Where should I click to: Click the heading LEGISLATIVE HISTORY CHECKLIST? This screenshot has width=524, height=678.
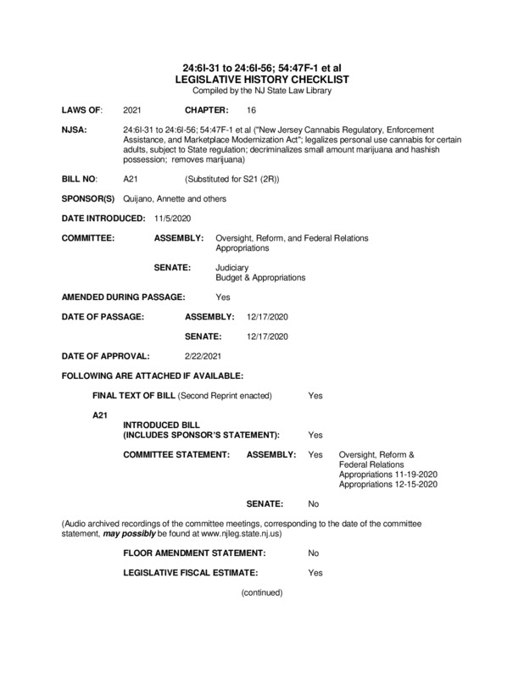coord(261,77)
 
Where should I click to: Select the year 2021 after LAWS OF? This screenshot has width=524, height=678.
coord(132,111)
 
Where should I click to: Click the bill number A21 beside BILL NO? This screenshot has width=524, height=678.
coord(131,181)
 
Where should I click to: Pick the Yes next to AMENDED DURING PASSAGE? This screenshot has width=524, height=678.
coord(223,297)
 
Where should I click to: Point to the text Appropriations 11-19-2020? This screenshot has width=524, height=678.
coord(387,475)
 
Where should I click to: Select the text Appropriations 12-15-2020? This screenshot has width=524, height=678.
coord(387,485)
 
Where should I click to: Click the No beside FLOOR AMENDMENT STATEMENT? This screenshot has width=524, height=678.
coord(314,552)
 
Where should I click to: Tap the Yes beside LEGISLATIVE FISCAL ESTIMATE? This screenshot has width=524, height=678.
coord(315,573)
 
